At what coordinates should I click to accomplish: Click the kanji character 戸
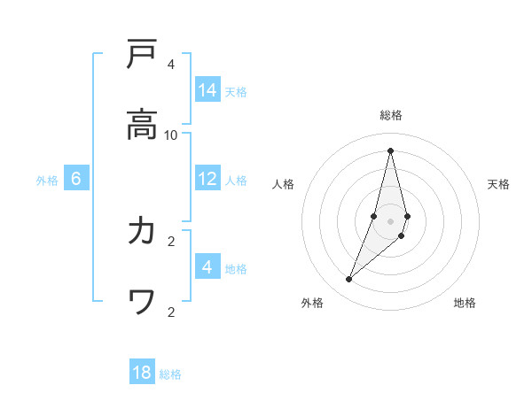pyautogui.click(x=142, y=55)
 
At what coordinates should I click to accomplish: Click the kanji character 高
pyautogui.click(x=142, y=125)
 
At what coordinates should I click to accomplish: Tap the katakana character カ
pyautogui.click(x=142, y=231)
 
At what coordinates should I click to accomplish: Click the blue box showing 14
pyautogui.click(x=207, y=90)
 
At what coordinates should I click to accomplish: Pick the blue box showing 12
pyautogui.click(x=207, y=179)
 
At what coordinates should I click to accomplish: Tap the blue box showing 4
pyautogui.click(x=207, y=266)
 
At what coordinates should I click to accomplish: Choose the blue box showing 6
pyautogui.click(x=76, y=179)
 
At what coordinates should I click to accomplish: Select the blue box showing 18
pyautogui.click(x=142, y=373)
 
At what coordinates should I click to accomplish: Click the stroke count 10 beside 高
pyautogui.click(x=171, y=135)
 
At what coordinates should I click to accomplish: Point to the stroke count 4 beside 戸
pyautogui.click(x=171, y=64)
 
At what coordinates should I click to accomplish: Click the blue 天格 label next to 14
pyautogui.click(x=236, y=91)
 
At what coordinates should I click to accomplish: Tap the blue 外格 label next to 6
pyautogui.click(x=47, y=180)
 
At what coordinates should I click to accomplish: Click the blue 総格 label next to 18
pyautogui.click(x=170, y=374)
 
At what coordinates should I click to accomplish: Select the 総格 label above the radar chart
pyautogui.click(x=391, y=115)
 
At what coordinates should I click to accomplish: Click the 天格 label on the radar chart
pyautogui.click(x=498, y=184)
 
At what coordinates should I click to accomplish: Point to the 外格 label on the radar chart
pyautogui.click(x=312, y=303)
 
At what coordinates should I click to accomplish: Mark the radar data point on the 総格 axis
pyautogui.click(x=390, y=150)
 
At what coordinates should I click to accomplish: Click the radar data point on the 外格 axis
pyautogui.click(x=349, y=280)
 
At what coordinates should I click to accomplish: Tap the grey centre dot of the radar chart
pyautogui.click(x=390, y=220)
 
